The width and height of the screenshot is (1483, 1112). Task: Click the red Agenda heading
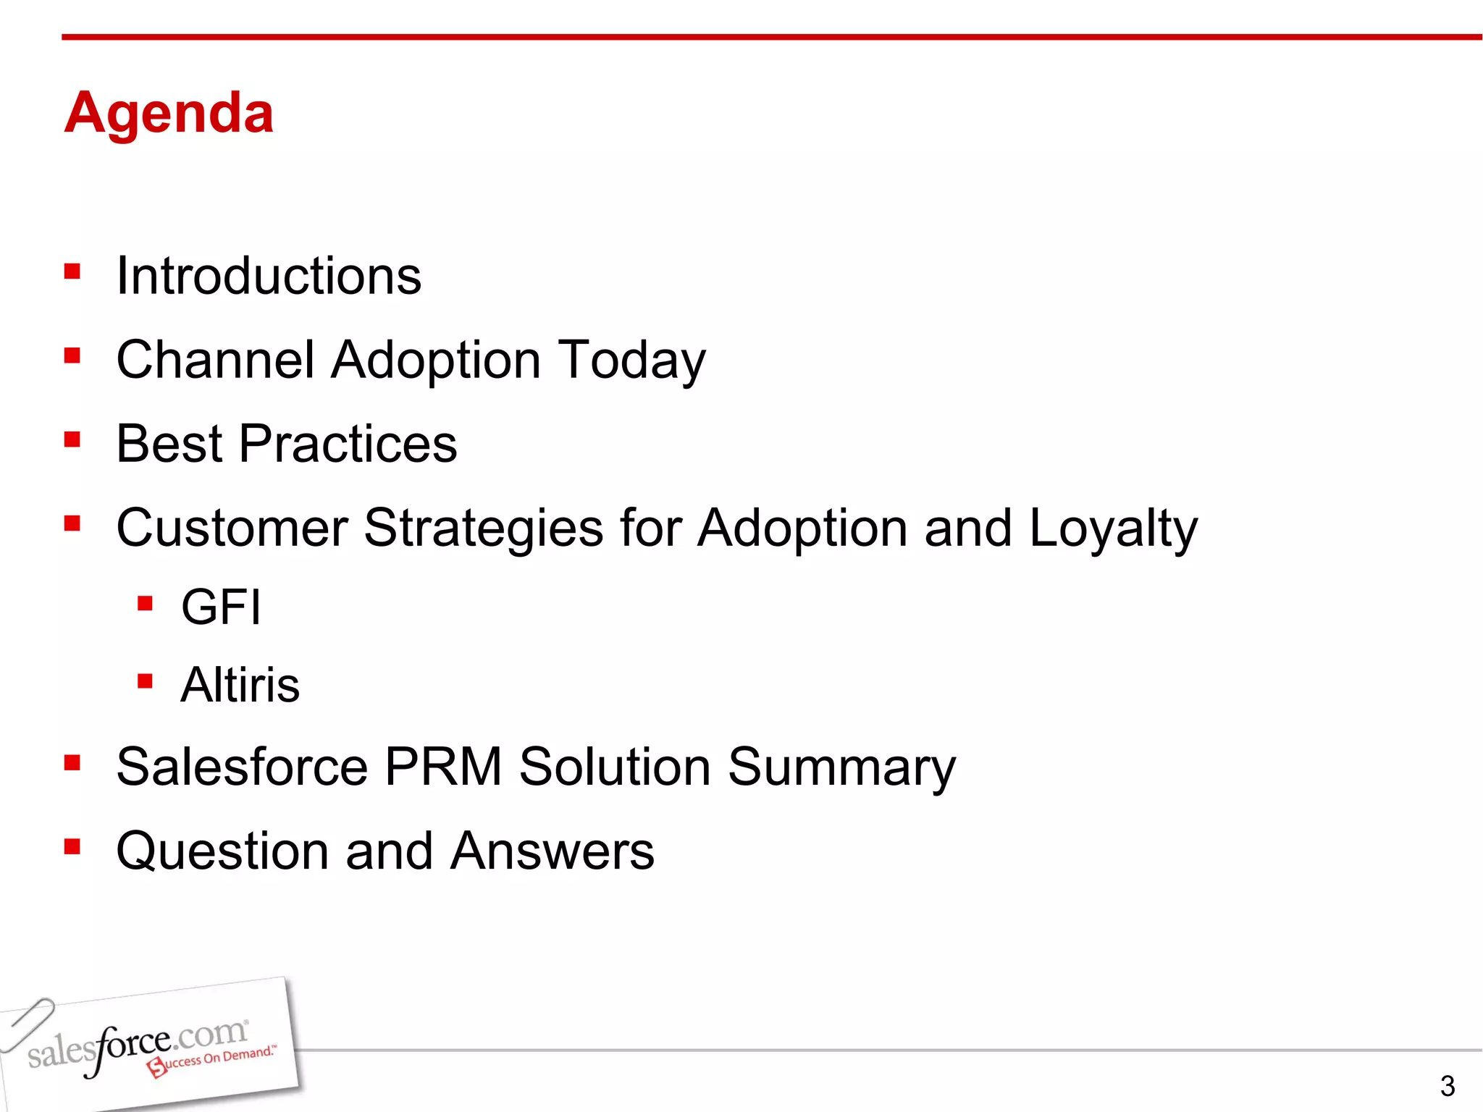[169, 113]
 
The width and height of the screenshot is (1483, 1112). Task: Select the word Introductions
[269, 276]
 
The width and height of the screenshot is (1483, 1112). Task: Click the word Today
[631, 361]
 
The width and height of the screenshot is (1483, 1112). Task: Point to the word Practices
[348, 443]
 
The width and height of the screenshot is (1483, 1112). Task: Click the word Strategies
[483, 528]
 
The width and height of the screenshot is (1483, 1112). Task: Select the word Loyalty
[1113, 528]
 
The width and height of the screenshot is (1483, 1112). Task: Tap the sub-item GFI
[221, 607]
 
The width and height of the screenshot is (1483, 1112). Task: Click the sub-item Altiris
[240, 685]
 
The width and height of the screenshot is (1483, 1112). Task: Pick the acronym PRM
[443, 767]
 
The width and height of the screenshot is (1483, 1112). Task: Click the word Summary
[841, 767]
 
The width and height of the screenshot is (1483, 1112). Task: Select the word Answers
[552, 851]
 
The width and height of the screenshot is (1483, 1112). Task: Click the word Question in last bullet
[222, 851]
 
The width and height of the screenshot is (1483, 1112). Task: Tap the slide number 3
[1447, 1086]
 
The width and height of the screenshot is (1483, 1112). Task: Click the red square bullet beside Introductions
[72, 271]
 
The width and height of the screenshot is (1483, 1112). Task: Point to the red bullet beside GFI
[145, 603]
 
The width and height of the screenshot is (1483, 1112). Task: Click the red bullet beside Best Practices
[72, 439]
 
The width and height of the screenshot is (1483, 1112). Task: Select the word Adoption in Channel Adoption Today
[436, 361]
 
